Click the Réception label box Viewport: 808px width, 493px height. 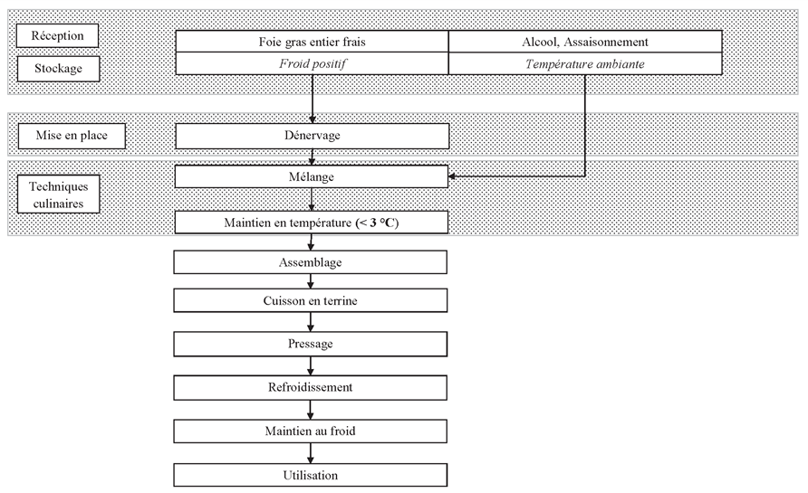click(57, 35)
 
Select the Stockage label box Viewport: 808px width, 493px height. click(58, 69)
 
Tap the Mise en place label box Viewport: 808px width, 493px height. click(72, 136)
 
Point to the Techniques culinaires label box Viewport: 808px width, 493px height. click(58, 194)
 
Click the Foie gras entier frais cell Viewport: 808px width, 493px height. click(312, 42)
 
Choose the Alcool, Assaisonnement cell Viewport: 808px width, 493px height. click(585, 42)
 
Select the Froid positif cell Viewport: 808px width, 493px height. click(312, 64)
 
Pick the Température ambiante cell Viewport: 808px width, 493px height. click(585, 64)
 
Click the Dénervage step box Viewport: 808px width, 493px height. click(313, 136)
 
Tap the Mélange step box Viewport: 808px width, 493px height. click(312, 176)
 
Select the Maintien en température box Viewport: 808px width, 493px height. click(312, 223)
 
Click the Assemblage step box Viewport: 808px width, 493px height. click(310, 262)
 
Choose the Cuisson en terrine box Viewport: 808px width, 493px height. click(310, 300)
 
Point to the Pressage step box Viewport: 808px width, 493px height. click(310, 344)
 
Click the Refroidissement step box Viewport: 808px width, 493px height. click(310, 387)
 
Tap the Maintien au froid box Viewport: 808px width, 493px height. click(310, 431)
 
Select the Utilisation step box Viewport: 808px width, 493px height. click(310, 475)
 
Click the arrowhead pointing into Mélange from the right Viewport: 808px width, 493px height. click(452, 176)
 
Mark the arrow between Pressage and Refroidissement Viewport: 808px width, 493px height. click(310, 365)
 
